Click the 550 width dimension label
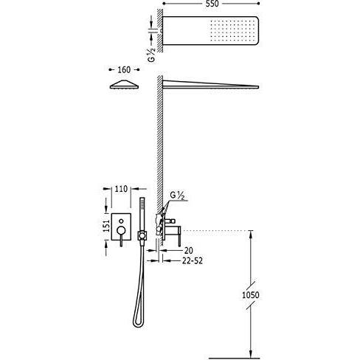(x=212, y=4)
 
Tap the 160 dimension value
(x=124, y=70)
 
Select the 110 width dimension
(x=121, y=189)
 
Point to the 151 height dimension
(x=106, y=226)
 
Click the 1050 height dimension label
(x=251, y=295)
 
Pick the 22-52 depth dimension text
(x=193, y=260)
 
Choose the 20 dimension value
(x=189, y=251)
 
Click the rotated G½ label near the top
(x=153, y=55)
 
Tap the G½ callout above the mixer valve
(x=177, y=195)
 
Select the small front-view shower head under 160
(x=124, y=84)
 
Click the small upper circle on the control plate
(x=121, y=221)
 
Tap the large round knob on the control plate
(x=121, y=230)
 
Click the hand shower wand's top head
(x=142, y=204)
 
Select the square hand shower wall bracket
(x=142, y=235)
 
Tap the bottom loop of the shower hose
(x=138, y=323)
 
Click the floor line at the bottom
(x=234, y=359)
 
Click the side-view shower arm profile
(x=211, y=84)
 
